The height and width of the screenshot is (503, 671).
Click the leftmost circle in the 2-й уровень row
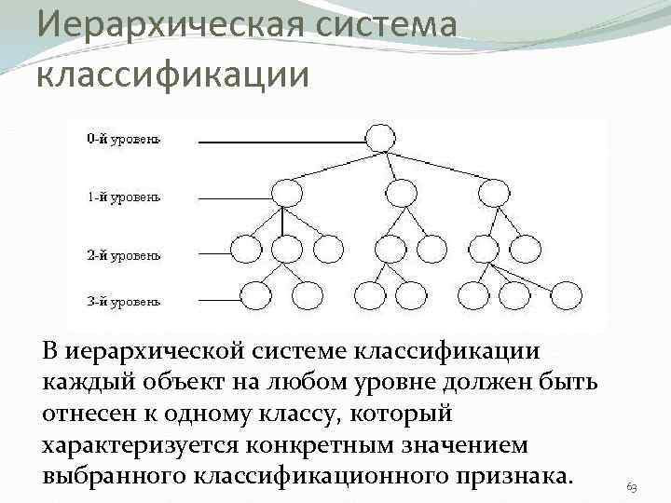[245, 249]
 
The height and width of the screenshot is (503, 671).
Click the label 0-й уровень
[124, 140]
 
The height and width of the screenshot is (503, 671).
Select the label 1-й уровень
[124, 197]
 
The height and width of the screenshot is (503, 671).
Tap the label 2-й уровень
[124, 254]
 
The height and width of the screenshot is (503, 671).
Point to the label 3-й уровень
[124, 301]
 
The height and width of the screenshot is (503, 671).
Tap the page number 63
[632, 487]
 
